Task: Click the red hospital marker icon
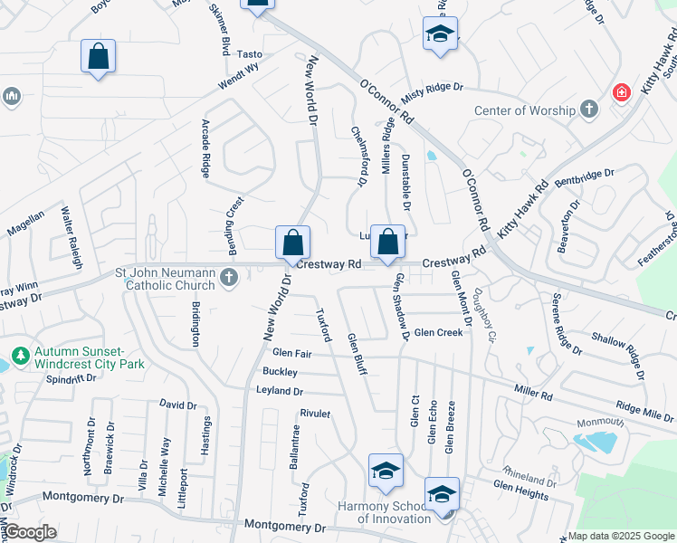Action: click(x=621, y=91)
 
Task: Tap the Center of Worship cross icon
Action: click(x=589, y=110)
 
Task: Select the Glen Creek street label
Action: click(x=438, y=332)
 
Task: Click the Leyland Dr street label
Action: click(x=280, y=391)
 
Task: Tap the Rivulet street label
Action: click(x=315, y=413)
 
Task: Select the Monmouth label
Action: click(x=602, y=423)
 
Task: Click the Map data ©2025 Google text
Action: click(x=621, y=536)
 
